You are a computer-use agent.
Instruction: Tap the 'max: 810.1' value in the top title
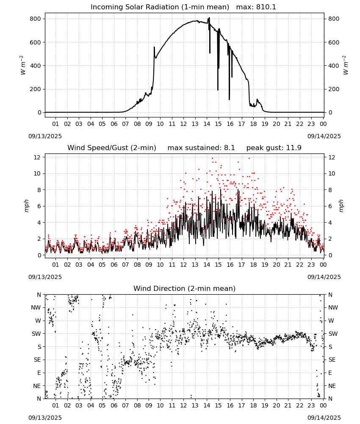pos(256,7)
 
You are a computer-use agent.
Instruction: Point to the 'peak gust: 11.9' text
pos(274,148)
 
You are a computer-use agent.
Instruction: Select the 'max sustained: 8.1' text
pos(201,148)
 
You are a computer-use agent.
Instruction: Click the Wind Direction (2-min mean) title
pos(185,288)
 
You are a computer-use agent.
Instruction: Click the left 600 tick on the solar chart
pos(36,42)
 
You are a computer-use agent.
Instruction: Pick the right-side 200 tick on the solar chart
pos(334,89)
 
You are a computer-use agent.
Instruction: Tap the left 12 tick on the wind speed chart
pos(37,157)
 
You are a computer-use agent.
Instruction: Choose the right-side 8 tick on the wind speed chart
pos(330,190)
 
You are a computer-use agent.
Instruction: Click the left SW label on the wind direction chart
pos(36,334)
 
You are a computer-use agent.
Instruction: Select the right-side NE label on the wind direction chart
pos(332,386)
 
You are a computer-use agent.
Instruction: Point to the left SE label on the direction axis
pos(37,360)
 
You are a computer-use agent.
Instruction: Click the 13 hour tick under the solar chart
pos(195,124)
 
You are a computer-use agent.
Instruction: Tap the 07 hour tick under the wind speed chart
pos(125,265)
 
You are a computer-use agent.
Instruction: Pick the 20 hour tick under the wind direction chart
pos(277,405)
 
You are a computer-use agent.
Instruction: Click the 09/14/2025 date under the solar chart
pos(324,136)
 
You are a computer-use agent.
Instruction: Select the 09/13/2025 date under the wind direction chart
pos(45,418)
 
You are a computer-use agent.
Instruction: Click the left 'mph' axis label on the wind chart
pos(26,206)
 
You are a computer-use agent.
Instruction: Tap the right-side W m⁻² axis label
pos(346,65)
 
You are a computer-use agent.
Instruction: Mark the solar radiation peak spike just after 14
pos(209,18)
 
